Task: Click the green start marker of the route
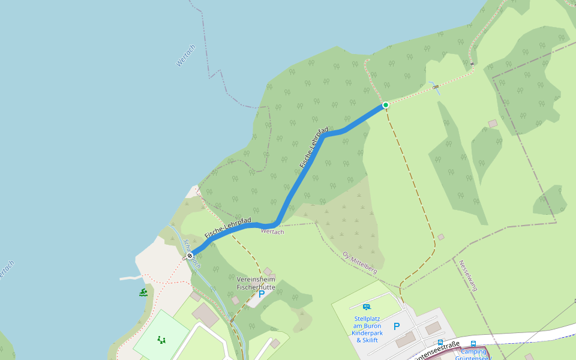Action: tap(386, 105)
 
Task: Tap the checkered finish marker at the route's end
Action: tap(190, 256)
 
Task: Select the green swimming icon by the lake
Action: tap(143, 292)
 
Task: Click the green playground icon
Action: tap(161, 340)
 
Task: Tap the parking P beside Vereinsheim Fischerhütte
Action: tap(261, 295)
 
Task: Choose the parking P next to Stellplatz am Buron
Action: tap(396, 326)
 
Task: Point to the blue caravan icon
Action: tap(367, 307)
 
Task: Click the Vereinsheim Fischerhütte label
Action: tap(256, 283)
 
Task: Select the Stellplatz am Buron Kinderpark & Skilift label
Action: tap(368, 329)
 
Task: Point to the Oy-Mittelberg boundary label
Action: tap(359, 263)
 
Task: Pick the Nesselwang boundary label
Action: tap(468, 275)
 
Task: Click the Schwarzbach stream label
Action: tap(192, 253)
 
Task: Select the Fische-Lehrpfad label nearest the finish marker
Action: tap(227, 228)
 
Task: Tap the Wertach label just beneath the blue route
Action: tap(272, 232)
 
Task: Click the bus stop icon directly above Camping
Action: tap(473, 344)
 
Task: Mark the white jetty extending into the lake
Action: tap(131, 278)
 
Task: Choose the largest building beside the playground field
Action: tap(206, 316)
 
